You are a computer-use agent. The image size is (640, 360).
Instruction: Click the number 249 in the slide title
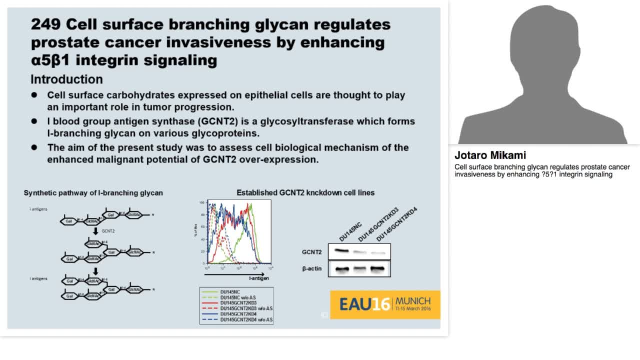tap(45, 24)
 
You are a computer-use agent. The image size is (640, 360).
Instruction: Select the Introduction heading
tap(66, 79)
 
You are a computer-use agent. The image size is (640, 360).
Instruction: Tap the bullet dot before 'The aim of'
tap(34, 147)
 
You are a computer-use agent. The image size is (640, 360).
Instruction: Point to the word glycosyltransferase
tap(309, 121)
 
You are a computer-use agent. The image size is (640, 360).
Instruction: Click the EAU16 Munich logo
tap(385, 304)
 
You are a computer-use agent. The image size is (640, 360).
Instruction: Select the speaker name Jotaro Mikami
tap(490, 155)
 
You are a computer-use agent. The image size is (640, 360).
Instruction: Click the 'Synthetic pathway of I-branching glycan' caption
tap(93, 193)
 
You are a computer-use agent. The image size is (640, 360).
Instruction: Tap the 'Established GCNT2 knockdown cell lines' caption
tap(305, 192)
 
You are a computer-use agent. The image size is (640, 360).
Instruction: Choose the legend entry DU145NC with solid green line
tap(230, 291)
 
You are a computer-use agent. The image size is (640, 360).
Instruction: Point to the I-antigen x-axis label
tap(259, 278)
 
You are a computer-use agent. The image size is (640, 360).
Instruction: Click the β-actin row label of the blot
tap(311, 269)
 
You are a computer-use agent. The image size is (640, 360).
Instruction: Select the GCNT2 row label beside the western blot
tap(311, 252)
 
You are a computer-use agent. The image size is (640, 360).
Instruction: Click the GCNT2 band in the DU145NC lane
tap(341, 250)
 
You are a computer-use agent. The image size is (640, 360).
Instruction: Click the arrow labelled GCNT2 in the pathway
tap(95, 231)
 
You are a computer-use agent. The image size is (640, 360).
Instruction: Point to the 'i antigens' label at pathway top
tap(38, 209)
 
